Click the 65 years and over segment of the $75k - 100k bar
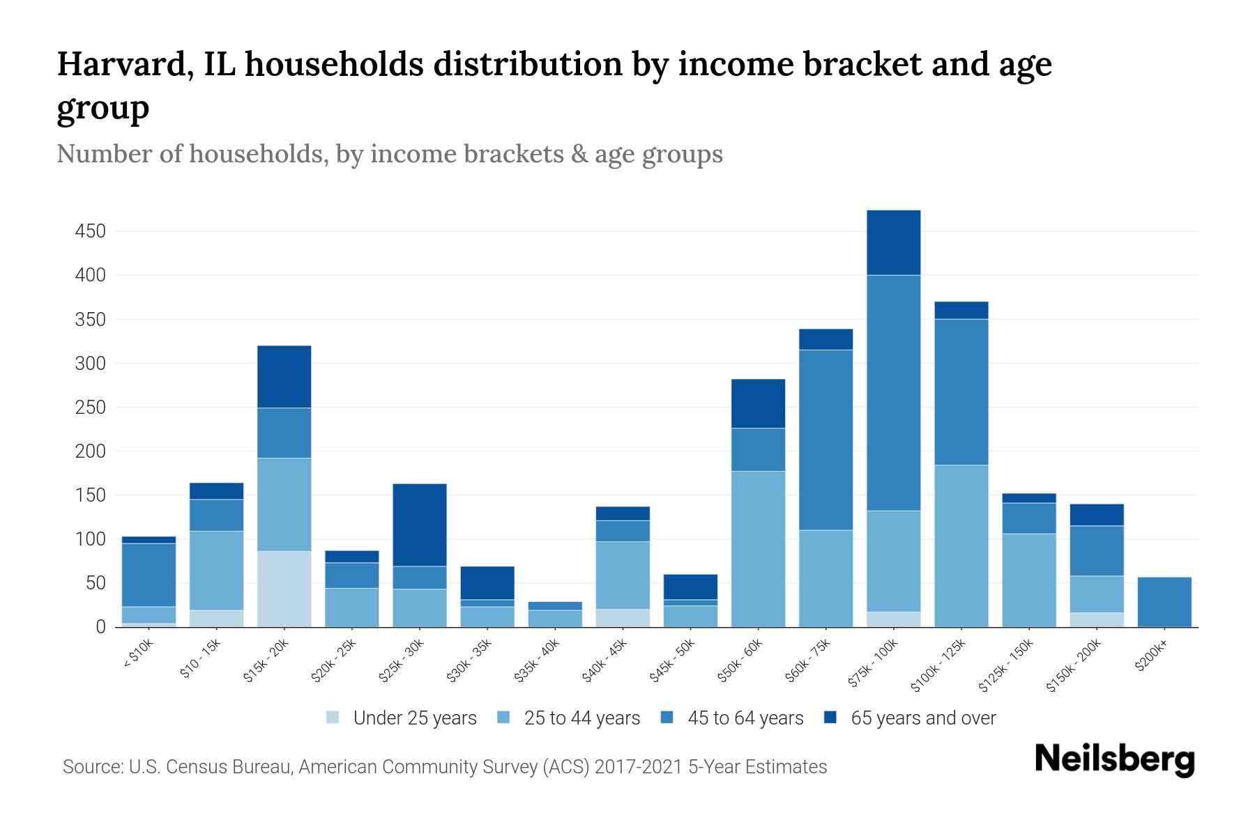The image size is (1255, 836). click(x=893, y=242)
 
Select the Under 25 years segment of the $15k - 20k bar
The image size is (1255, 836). click(x=284, y=589)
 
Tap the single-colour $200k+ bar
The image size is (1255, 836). click(x=1164, y=602)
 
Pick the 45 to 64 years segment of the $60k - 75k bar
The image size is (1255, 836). click(x=826, y=440)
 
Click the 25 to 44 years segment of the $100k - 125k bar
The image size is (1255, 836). click(x=961, y=545)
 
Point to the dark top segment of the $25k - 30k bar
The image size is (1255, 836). click(x=420, y=525)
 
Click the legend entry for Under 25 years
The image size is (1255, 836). click(x=414, y=718)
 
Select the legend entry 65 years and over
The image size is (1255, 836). click(x=922, y=718)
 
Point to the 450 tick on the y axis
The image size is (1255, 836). click(x=90, y=231)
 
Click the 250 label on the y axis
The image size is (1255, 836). click(x=90, y=408)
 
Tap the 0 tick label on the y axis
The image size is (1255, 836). click(x=100, y=627)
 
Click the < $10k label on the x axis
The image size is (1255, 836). click(x=138, y=656)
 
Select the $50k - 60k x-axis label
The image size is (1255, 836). click(x=741, y=661)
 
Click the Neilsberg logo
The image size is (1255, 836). click(x=1114, y=759)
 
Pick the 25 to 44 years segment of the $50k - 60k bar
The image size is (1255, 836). click(x=758, y=549)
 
